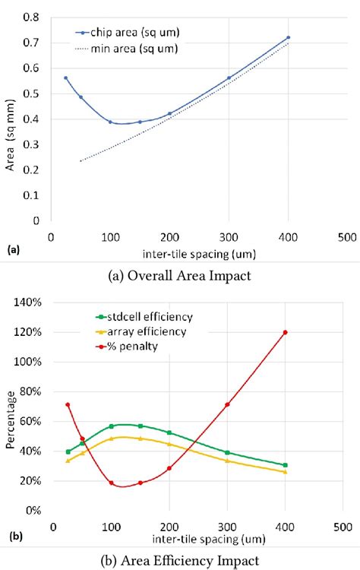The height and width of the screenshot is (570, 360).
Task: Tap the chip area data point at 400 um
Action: point(288,37)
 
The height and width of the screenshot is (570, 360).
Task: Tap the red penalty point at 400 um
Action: point(285,332)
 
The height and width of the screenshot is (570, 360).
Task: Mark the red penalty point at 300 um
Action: point(227,404)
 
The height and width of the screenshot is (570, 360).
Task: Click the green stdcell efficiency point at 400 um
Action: point(285,465)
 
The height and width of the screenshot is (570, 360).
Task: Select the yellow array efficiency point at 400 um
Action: point(285,472)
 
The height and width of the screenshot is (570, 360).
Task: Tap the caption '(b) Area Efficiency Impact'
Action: point(179,560)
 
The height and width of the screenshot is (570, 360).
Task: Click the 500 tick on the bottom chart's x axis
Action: point(342,526)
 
